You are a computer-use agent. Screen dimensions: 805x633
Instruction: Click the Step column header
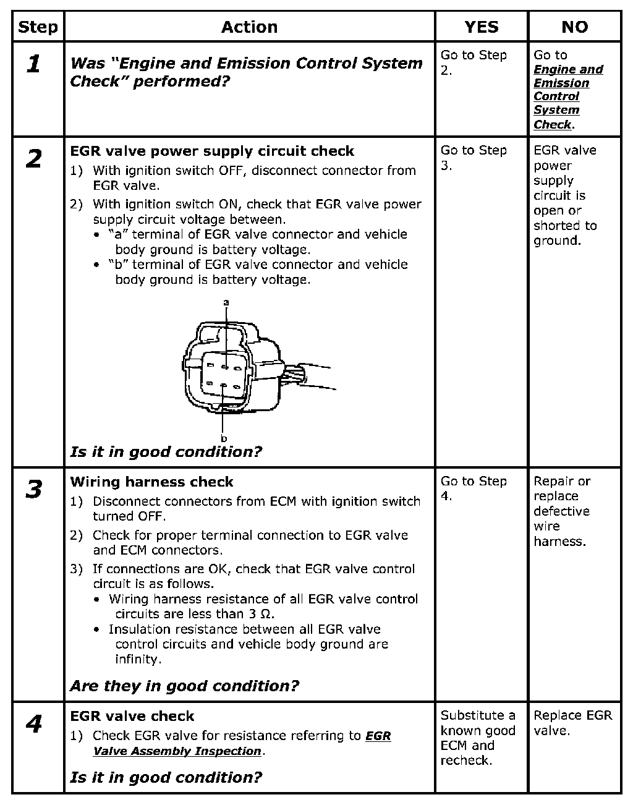(x=38, y=27)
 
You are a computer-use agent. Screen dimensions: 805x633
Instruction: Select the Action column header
(x=249, y=27)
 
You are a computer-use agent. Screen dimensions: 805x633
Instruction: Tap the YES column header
(x=481, y=27)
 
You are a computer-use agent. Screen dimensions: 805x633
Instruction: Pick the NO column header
(x=574, y=27)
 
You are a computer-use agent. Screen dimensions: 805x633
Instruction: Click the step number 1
(x=34, y=64)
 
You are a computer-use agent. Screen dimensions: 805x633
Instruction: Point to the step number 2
(x=34, y=160)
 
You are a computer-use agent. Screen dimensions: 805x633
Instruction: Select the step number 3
(x=34, y=490)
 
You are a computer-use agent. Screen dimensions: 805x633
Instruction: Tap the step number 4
(x=34, y=724)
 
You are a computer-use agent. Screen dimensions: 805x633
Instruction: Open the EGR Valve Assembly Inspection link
(x=242, y=743)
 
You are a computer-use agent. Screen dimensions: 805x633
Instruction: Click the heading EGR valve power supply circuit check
(x=212, y=151)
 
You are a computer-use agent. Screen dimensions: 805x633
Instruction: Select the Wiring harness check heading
(x=151, y=482)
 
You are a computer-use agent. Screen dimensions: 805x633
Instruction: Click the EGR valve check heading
(x=132, y=717)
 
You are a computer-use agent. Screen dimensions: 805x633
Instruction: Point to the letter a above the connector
(x=226, y=302)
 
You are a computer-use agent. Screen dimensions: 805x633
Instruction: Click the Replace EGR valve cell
(x=572, y=723)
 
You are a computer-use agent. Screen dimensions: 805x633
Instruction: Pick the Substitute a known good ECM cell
(x=478, y=738)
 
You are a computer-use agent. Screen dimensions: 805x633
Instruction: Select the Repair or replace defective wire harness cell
(x=562, y=511)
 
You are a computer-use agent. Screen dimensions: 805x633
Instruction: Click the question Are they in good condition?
(x=184, y=686)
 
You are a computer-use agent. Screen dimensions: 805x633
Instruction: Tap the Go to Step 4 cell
(x=474, y=488)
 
